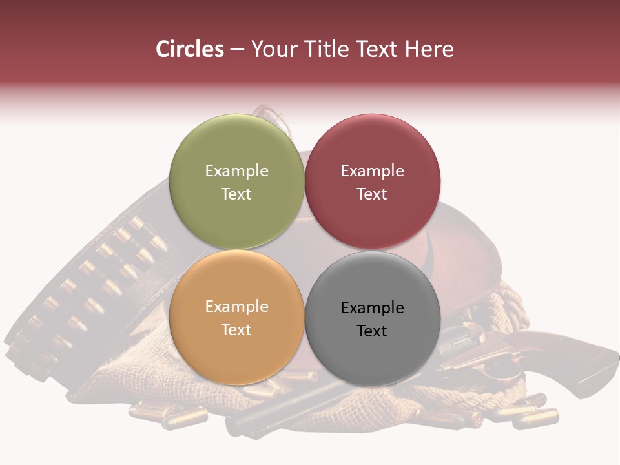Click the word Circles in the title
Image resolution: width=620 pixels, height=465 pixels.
pos(190,49)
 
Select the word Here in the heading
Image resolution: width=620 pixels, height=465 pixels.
pos(429,49)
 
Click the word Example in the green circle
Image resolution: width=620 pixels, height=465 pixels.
pos(236,170)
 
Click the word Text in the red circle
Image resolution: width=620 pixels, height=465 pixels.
pos(372,194)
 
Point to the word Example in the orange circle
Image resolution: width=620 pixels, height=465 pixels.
pos(236,306)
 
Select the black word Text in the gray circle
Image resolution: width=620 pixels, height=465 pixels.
pos(372,331)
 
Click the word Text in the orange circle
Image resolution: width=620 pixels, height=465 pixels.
pos(236,329)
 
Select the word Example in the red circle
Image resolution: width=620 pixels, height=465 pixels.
pos(372,170)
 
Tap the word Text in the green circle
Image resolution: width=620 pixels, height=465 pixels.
pos(236,194)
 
